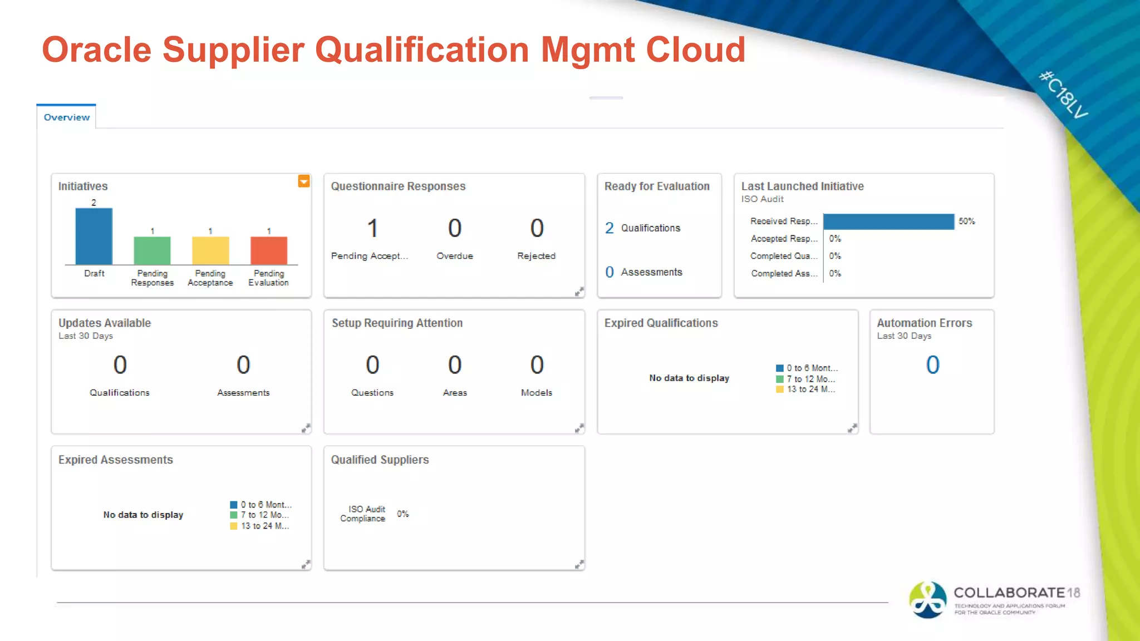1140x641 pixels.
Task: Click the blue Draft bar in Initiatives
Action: tap(94, 236)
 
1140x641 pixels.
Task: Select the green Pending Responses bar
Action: tap(152, 251)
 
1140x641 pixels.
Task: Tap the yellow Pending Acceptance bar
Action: tap(210, 251)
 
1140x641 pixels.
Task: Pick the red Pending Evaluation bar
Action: tap(269, 251)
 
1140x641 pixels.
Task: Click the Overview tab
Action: tap(66, 117)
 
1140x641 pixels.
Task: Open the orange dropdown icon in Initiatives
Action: tap(303, 181)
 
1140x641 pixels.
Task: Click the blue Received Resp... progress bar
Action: tap(888, 221)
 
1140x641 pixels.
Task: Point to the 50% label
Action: tap(967, 221)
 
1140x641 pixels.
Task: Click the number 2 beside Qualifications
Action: tap(610, 228)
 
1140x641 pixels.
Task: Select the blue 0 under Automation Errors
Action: tap(932, 365)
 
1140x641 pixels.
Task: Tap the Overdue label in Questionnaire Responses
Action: tap(455, 256)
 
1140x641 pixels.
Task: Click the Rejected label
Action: tap(536, 256)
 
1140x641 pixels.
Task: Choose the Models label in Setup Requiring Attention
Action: tap(537, 393)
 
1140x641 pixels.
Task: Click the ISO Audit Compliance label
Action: tap(363, 514)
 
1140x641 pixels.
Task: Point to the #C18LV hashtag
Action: tap(1063, 95)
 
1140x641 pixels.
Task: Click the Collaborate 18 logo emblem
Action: tap(927, 600)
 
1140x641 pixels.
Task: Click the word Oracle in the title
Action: tap(96, 50)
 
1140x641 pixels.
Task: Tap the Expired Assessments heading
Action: tap(116, 460)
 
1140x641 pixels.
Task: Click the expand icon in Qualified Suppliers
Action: tap(579, 565)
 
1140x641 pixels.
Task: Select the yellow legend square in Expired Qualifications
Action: tap(780, 389)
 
